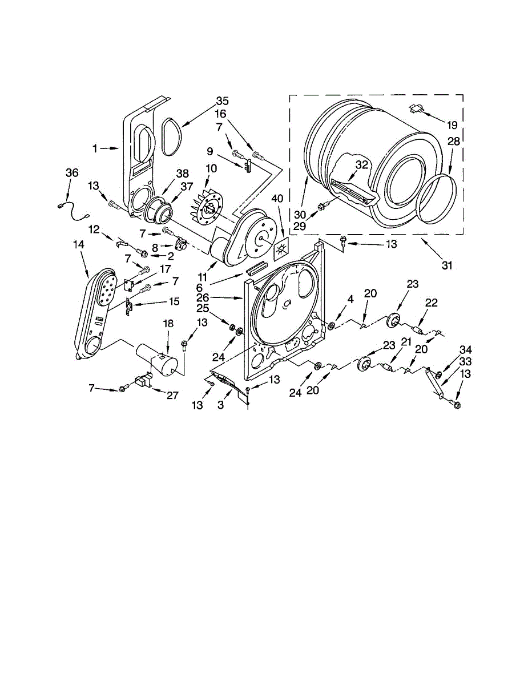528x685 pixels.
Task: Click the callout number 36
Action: (71, 174)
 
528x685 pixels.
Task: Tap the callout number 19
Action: (453, 124)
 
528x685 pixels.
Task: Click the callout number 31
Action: (447, 265)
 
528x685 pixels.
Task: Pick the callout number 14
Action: (79, 244)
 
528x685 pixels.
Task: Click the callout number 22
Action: (432, 303)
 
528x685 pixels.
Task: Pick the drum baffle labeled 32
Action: (353, 191)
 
